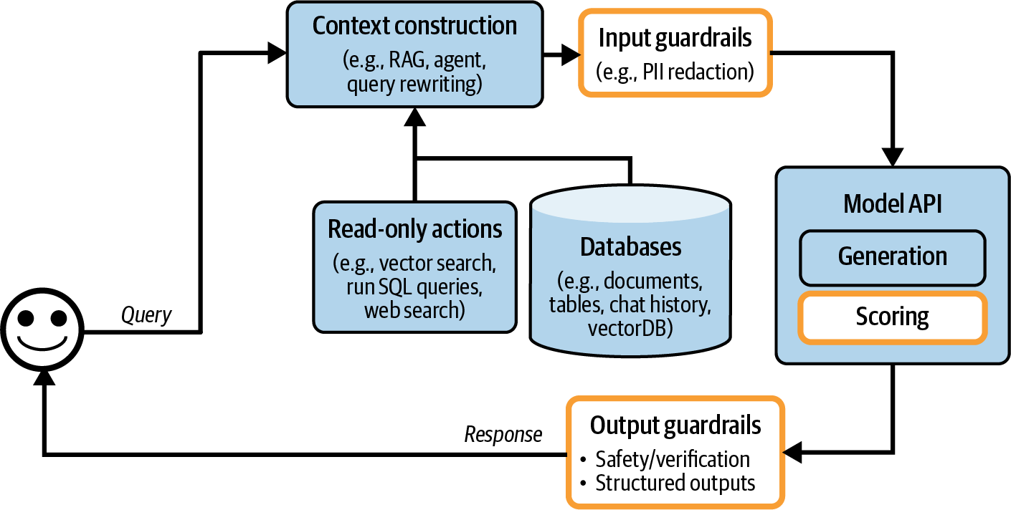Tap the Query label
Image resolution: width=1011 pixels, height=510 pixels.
146,315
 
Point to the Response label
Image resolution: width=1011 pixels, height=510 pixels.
503,434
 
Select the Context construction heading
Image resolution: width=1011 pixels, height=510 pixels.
414,26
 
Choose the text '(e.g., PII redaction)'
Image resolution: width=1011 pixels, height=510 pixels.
675,71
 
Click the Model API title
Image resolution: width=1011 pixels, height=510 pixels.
893,203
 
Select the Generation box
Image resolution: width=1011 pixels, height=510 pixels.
893,256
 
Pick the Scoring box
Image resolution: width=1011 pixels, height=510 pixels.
893,317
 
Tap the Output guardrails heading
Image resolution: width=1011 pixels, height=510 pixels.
675,425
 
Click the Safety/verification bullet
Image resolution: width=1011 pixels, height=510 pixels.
673,458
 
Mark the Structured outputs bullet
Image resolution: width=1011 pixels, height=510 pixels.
675,483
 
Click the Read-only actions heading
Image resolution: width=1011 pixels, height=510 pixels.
414,229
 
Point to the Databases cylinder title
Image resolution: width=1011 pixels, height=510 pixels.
630,247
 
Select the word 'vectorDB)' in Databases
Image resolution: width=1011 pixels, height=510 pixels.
630,329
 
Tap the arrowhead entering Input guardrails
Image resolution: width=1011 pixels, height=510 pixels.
570,52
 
